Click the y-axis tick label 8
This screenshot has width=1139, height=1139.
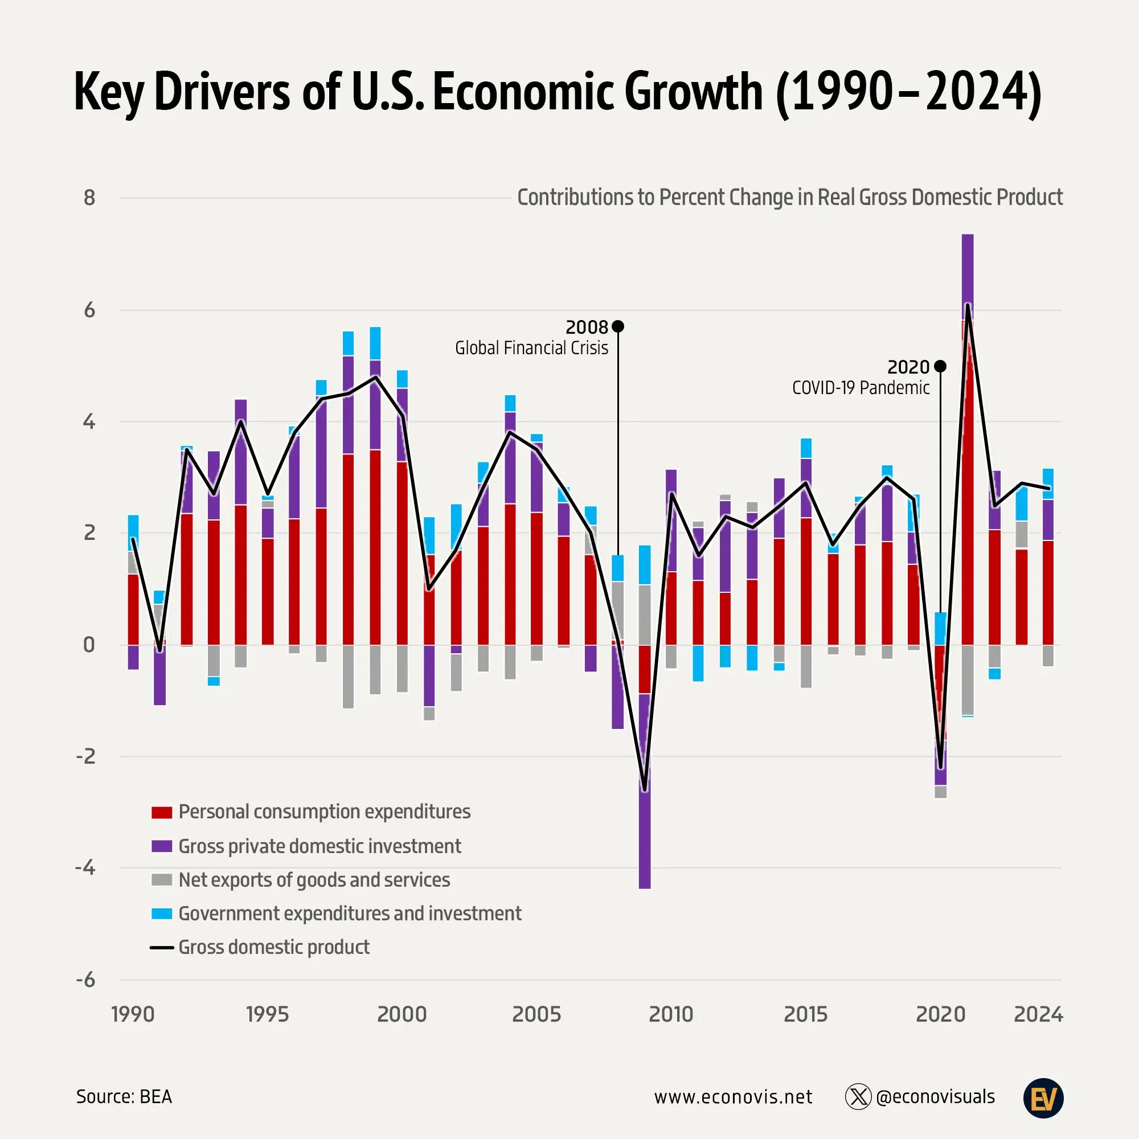click(x=89, y=198)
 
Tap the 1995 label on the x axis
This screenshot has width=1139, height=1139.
click(x=267, y=1014)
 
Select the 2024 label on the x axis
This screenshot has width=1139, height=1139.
click(x=1038, y=1014)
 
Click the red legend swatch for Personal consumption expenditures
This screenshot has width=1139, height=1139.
click(x=162, y=813)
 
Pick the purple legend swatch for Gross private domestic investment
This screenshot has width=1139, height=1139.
click(x=162, y=847)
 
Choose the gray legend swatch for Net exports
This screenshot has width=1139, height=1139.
click(x=162, y=880)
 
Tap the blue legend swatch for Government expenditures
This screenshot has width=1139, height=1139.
click(x=162, y=914)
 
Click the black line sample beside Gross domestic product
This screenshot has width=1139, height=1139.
click(x=162, y=948)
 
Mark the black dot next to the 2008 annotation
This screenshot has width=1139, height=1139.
click(x=618, y=326)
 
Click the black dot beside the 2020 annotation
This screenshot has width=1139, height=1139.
click(x=940, y=367)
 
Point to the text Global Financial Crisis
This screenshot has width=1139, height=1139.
click(x=531, y=349)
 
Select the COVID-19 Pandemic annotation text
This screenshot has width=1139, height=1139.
click(x=861, y=388)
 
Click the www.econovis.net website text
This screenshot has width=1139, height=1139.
click(x=733, y=1097)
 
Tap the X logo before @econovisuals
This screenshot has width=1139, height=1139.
click(x=858, y=1097)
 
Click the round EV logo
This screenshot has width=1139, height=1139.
click(x=1043, y=1098)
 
